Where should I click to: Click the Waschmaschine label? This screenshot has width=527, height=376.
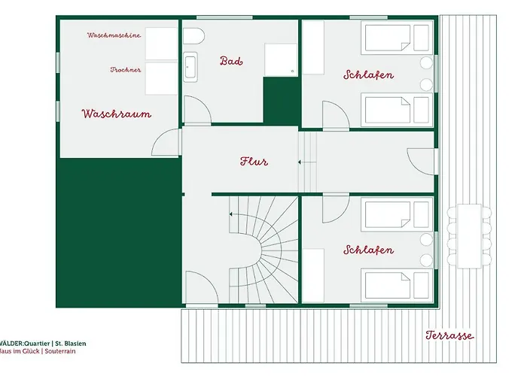point(114,35)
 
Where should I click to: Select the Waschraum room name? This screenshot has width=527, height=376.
point(117,114)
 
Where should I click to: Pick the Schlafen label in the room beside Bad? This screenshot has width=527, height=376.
point(368,75)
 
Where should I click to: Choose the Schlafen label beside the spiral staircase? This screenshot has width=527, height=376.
point(368,250)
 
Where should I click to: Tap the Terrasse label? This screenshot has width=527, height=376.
point(449,335)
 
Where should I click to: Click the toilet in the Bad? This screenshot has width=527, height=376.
point(193,37)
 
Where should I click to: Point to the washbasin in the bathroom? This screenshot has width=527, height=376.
point(190,67)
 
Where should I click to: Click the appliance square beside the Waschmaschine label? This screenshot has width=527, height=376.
point(160,44)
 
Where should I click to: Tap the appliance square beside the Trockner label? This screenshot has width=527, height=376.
point(160,77)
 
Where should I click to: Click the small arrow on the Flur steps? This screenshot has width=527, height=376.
point(300,161)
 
